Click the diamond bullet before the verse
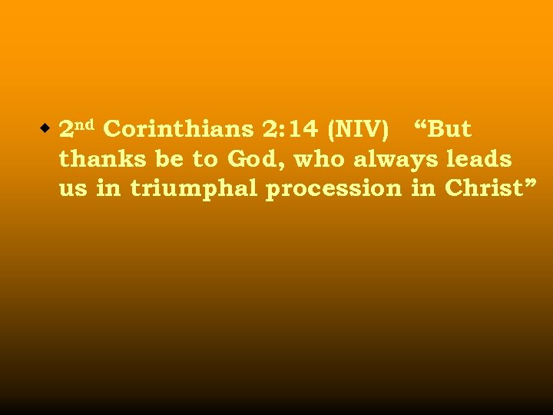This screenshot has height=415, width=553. (47, 127)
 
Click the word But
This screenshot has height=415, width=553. (450, 130)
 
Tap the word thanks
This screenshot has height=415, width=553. (97, 160)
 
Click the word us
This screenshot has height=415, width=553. (73, 189)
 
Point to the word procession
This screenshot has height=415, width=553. (333, 189)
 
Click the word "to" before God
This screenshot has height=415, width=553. (204, 160)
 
